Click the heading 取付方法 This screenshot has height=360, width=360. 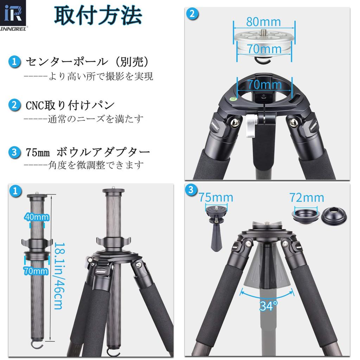tap(98, 15)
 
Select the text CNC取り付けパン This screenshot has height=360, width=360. tap(70, 105)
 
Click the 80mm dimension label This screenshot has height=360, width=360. tap(264, 22)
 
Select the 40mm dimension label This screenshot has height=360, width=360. tap(37, 217)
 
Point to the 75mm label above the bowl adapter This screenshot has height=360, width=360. tap(216, 197)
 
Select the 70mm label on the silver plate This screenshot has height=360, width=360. tap(264, 48)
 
